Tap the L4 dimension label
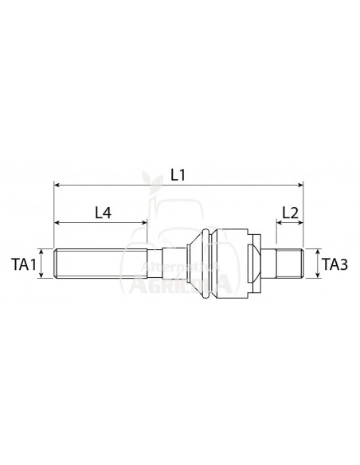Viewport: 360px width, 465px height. coord(103,213)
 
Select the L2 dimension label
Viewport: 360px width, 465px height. coord(291,213)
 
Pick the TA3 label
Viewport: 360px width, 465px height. coord(335,264)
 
